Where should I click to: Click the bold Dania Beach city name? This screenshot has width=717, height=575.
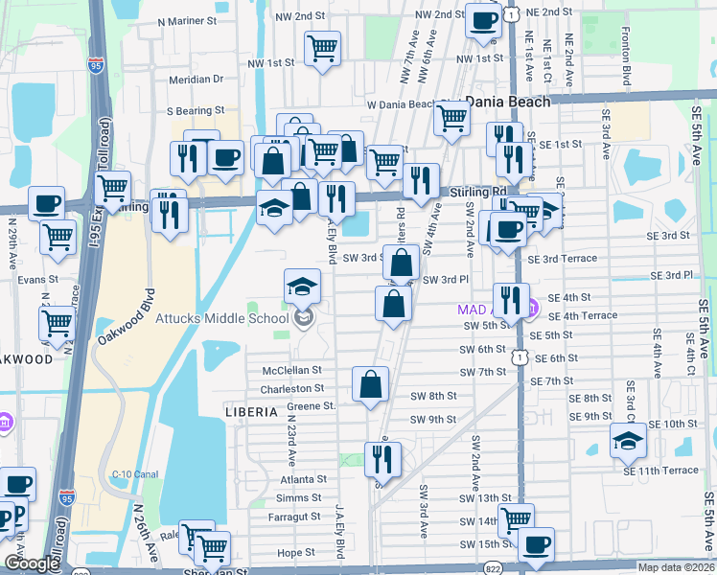point(507,101)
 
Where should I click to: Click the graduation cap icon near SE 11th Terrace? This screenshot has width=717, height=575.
point(628,440)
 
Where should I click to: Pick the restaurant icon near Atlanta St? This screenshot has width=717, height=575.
point(382,458)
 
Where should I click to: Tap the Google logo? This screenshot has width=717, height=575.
point(32,563)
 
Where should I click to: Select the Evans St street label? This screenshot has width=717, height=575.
point(37,279)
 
